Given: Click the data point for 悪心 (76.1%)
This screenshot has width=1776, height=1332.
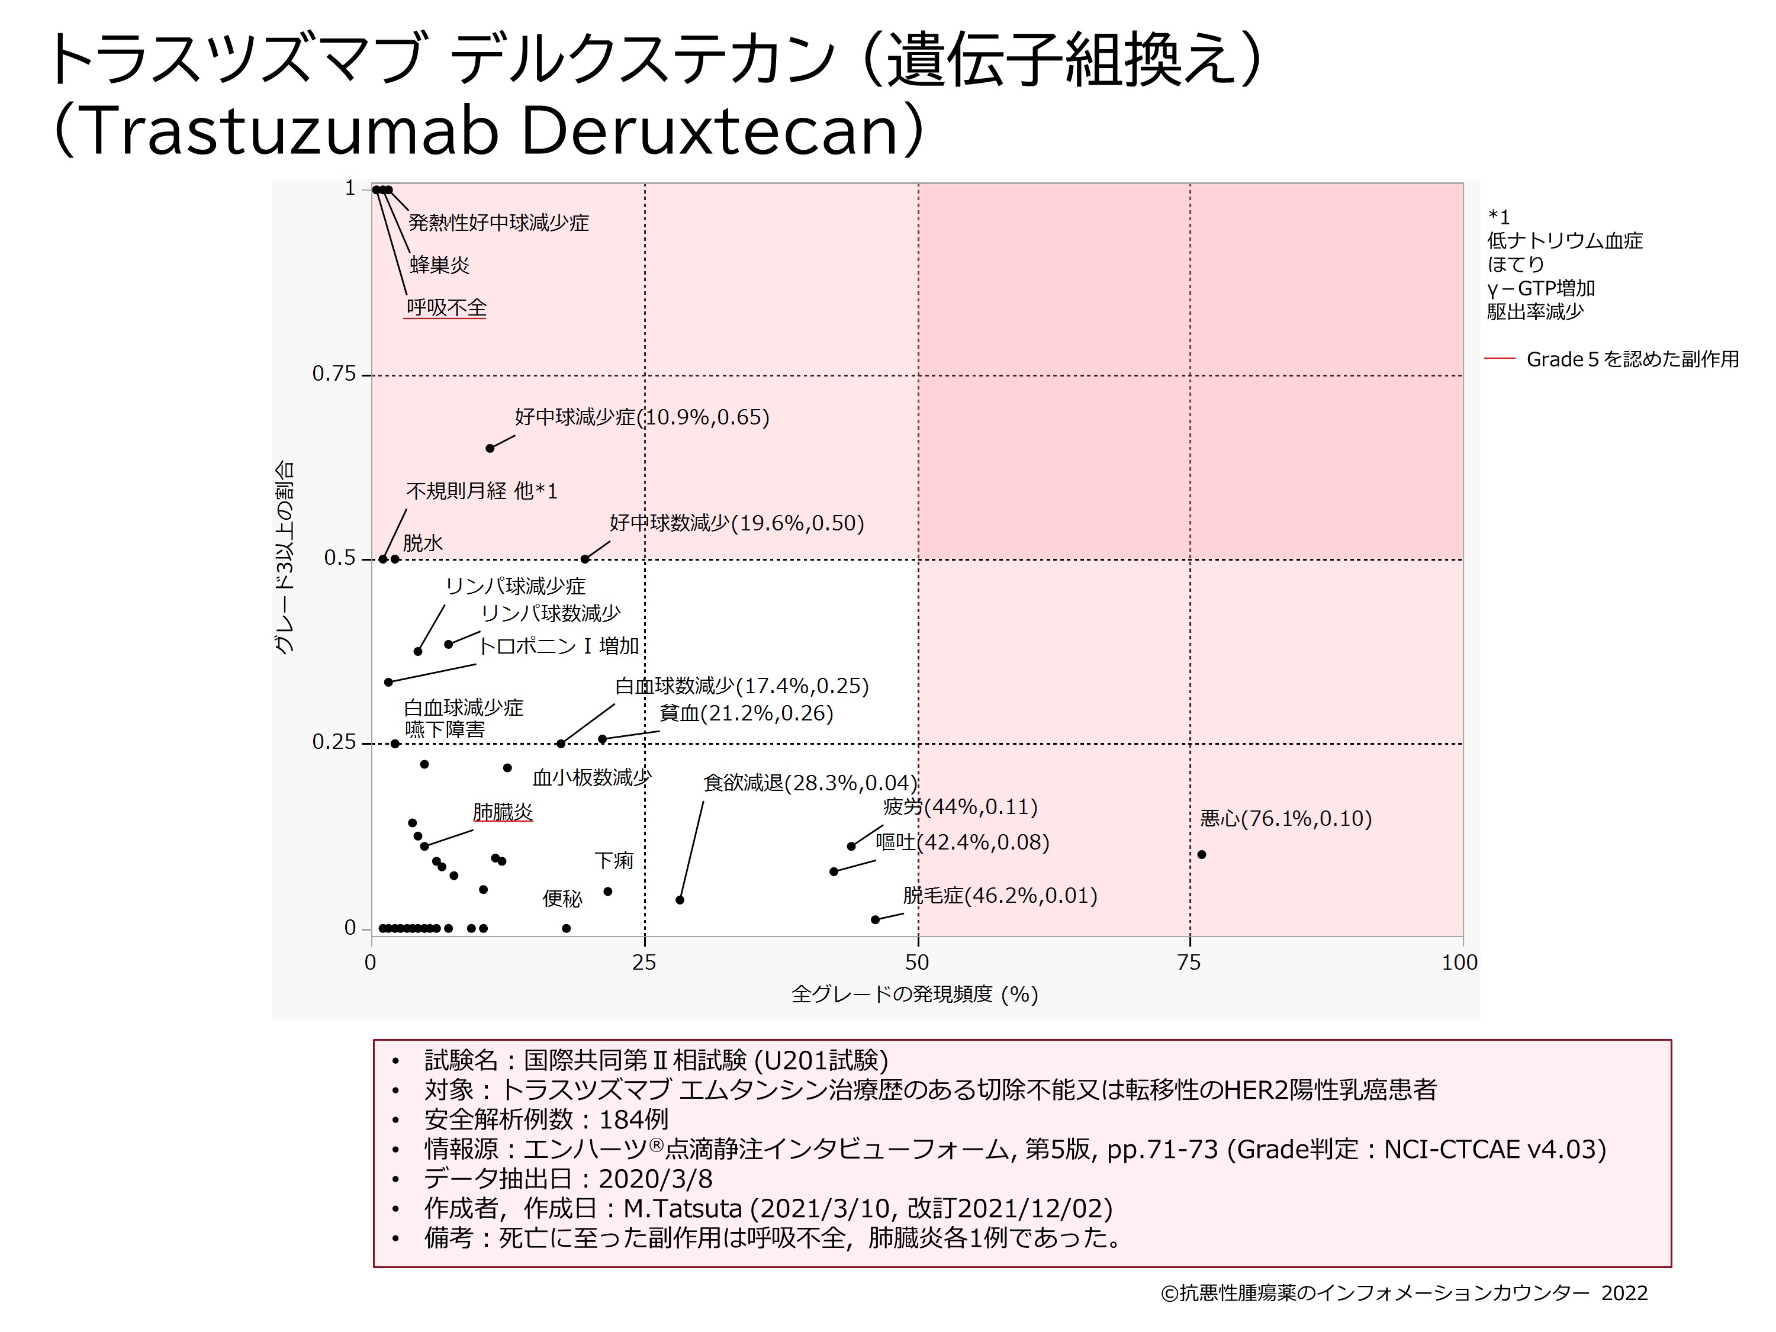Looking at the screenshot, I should point(1201,854).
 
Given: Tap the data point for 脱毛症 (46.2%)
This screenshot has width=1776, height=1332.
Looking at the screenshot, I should point(875,919).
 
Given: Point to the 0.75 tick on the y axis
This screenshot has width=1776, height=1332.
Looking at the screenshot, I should point(334,374).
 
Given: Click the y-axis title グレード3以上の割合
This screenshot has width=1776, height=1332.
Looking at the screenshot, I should point(285,558).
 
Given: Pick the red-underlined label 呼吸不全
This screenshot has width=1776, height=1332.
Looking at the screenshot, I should point(446,307).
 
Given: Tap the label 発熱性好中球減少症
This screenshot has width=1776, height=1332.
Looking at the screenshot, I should point(498,223).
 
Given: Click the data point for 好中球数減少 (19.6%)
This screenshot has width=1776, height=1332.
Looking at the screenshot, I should point(585,559).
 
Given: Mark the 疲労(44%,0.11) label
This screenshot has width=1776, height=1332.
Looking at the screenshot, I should point(960,807).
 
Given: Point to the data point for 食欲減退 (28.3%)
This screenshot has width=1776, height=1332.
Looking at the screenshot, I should point(680,900).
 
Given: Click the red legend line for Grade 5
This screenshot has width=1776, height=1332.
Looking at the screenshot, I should point(1499,359).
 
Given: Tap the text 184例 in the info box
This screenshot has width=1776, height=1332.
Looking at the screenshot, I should point(633,1119).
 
